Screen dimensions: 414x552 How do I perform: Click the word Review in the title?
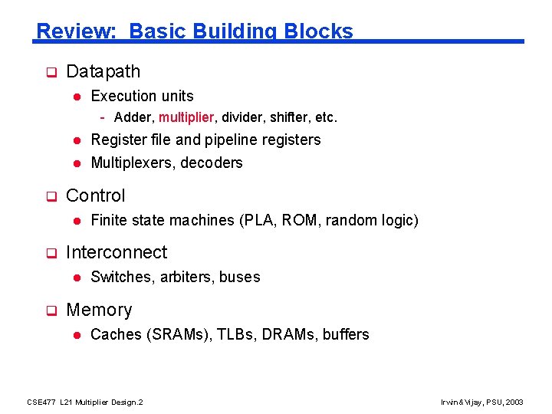[73, 31]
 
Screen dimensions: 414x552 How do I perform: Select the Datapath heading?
[103, 72]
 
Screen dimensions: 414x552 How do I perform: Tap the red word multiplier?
[187, 118]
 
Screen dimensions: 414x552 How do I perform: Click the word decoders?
[212, 163]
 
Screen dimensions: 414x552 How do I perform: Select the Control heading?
[96, 195]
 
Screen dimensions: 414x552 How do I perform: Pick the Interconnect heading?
[117, 252]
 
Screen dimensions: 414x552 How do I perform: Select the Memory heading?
[99, 310]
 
